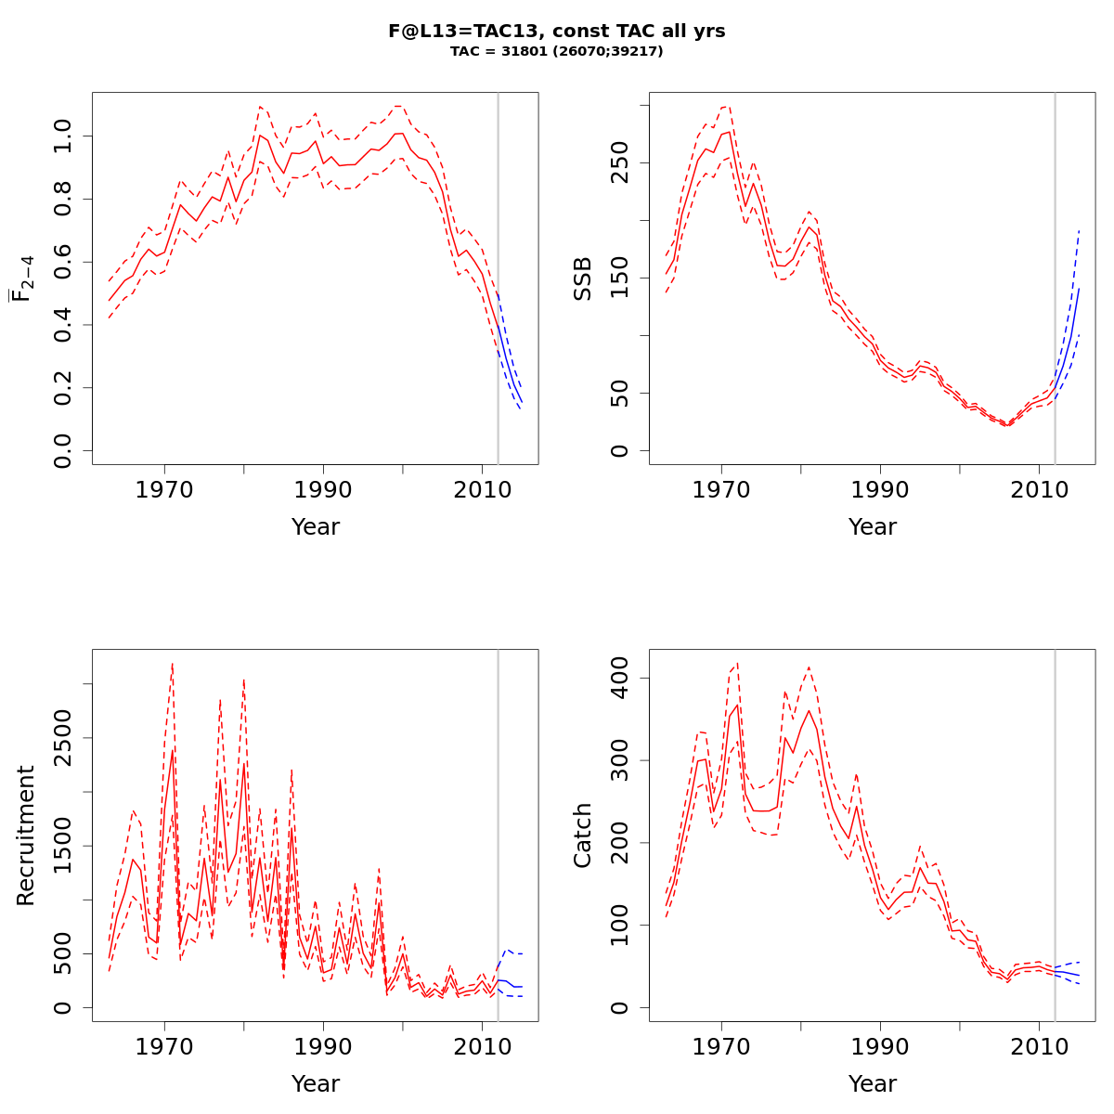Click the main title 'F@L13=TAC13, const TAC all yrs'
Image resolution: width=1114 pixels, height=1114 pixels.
(557, 32)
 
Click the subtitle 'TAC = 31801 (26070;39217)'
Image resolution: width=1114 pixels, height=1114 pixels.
(557, 52)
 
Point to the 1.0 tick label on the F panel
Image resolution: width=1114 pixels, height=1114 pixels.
(62, 136)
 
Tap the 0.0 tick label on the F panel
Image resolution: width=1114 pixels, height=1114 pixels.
(62, 451)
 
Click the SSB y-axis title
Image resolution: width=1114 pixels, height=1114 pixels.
(583, 278)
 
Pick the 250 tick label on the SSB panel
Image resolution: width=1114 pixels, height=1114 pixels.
(619, 162)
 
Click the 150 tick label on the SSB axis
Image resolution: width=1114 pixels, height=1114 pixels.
(619, 278)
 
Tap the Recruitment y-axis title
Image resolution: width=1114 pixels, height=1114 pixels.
(26, 835)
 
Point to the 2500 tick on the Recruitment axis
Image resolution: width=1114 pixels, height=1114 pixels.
(62, 737)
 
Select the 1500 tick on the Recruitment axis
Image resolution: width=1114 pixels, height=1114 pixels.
(62, 846)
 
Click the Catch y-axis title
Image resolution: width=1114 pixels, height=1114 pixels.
(583, 835)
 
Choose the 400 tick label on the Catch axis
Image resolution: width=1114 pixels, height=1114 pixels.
(619, 678)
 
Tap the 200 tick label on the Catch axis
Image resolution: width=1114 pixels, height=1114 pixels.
(619, 843)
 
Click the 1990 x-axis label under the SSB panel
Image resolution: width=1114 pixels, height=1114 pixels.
(880, 489)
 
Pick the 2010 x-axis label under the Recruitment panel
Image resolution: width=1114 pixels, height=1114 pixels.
(482, 1046)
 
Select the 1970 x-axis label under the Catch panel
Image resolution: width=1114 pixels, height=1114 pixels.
(721, 1046)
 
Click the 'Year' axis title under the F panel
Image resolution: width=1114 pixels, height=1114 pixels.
(316, 527)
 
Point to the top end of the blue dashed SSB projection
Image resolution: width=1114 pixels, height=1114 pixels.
(1079, 229)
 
